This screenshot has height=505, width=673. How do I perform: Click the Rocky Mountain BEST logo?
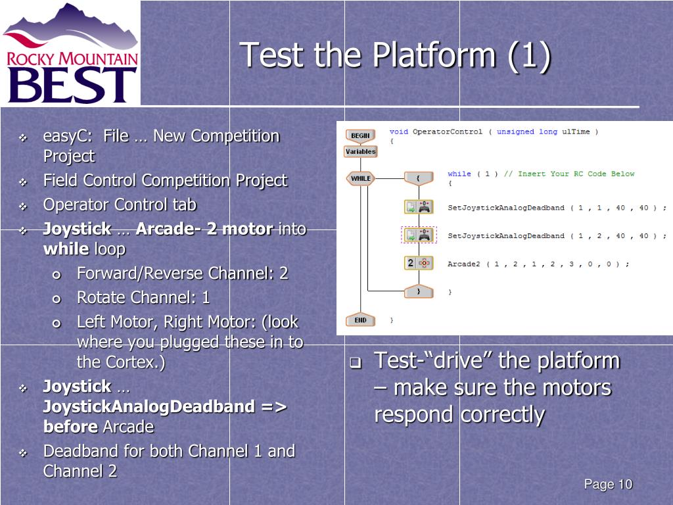[x=71, y=53]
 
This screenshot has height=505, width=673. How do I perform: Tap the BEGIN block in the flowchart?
[x=360, y=135]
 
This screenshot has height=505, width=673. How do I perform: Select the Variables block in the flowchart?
[x=361, y=152]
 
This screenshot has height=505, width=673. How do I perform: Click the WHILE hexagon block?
[x=361, y=178]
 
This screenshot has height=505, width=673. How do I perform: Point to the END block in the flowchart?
[x=360, y=320]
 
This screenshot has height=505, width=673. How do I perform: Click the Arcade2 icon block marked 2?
[x=419, y=263]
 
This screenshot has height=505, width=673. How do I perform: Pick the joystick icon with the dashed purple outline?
[x=419, y=235]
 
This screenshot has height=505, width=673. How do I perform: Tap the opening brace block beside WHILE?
[x=419, y=178]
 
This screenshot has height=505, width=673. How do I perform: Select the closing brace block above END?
[x=419, y=291]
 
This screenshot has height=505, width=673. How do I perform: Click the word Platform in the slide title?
[x=434, y=55]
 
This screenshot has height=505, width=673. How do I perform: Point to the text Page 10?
[x=608, y=485]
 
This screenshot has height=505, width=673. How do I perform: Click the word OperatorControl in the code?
[x=447, y=132]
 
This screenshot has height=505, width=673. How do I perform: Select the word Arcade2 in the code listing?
[x=463, y=264]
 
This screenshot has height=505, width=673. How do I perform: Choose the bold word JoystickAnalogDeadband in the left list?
[x=149, y=406]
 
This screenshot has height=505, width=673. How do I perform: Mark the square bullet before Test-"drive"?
[x=356, y=362]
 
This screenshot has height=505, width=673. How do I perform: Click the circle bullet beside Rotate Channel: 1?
[x=57, y=299]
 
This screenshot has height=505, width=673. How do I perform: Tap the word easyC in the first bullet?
[x=66, y=137]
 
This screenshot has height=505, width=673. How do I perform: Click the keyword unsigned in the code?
[x=515, y=132]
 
